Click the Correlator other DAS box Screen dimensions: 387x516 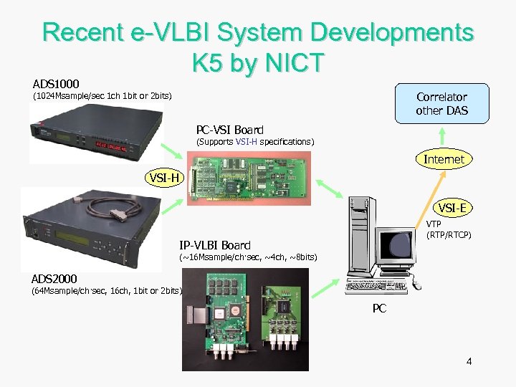441,104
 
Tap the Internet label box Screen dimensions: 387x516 444,159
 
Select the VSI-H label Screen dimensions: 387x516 165,178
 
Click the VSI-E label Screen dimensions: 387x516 453,208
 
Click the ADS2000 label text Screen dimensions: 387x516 54,278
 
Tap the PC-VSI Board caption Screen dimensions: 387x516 230,130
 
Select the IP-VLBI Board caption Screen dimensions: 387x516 215,244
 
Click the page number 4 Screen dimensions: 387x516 469,360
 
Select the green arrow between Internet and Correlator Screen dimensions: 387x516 444,136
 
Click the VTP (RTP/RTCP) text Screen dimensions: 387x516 449,229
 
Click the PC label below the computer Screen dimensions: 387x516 380,309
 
